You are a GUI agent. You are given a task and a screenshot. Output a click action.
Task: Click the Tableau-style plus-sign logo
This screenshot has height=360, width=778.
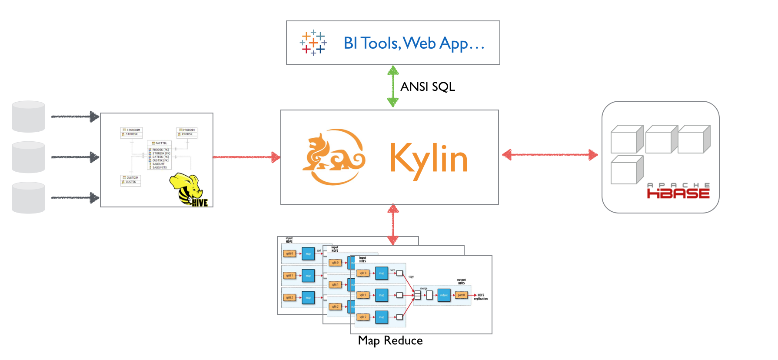pos(313,43)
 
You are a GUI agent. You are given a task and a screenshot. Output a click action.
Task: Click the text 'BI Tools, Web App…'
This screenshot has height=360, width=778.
pos(413,43)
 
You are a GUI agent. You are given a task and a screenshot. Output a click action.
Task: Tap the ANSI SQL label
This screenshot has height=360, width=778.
pos(428,87)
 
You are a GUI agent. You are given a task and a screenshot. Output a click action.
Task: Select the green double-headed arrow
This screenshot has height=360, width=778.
pos(393,86)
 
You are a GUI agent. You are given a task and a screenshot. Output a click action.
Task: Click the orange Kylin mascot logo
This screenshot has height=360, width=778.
pos(333,157)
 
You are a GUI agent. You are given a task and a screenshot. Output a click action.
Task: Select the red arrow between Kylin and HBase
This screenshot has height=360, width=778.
pos(550,154)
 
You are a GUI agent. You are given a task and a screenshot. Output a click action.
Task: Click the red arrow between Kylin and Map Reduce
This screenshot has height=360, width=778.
pos(393,224)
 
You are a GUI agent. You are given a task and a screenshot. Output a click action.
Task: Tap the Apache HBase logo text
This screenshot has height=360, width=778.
pos(678,191)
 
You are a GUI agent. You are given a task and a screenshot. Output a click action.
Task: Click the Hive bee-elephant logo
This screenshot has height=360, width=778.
pos(188,190)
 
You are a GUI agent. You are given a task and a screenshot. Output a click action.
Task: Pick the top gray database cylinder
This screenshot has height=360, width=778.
pos(28,117)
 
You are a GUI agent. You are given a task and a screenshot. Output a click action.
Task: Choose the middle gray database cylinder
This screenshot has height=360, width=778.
pos(28,157)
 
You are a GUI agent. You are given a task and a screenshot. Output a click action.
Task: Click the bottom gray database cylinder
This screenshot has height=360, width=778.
pos(28,197)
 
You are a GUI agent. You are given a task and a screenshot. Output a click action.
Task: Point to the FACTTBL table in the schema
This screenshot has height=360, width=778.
pos(160,155)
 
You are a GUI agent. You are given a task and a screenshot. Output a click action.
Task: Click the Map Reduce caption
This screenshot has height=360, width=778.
pos(390,340)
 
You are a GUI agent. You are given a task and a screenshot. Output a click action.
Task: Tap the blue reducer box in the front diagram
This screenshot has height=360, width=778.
pos(444,295)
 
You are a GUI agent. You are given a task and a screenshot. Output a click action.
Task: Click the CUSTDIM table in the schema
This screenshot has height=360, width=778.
pos(130,180)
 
